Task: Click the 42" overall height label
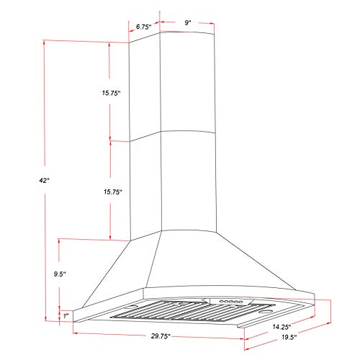tap(45, 181)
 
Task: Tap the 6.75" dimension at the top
tap(145, 27)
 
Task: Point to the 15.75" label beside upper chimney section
tap(110, 93)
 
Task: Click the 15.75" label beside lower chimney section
tap(110, 192)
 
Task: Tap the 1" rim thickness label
tap(66, 315)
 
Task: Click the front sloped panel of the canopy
tap(216, 259)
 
